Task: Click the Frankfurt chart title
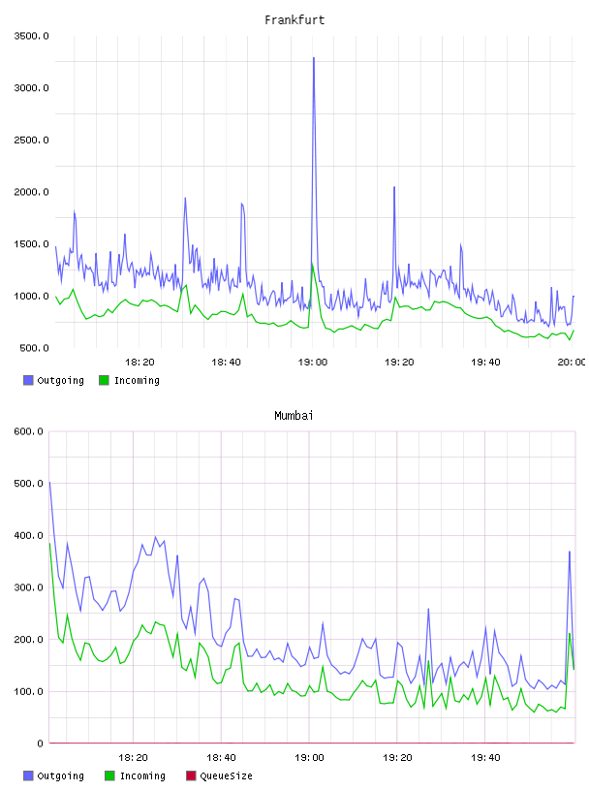(x=294, y=20)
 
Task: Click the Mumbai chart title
(x=294, y=416)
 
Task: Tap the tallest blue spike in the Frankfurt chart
(x=314, y=58)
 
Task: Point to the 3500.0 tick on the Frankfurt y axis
(x=31, y=36)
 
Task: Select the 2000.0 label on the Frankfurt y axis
(x=31, y=192)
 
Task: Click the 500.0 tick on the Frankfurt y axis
(x=34, y=348)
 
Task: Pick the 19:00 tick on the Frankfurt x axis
(x=313, y=363)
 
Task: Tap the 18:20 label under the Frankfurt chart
(x=139, y=363)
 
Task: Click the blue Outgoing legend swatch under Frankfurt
(x=28, y=380)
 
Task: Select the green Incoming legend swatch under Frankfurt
(x=104, y=380)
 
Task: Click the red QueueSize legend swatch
(x=191, y=775)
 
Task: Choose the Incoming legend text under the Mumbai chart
(x=142, y=776)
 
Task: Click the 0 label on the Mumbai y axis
(x=40, y=744)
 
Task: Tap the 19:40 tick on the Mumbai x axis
(x=485, y=758)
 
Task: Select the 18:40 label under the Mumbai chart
(x=221, y=758)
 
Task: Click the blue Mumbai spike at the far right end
(x=570, y=552)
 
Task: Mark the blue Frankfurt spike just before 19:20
(x=394, y=188)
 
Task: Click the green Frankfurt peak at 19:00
(x=313, y=264)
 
